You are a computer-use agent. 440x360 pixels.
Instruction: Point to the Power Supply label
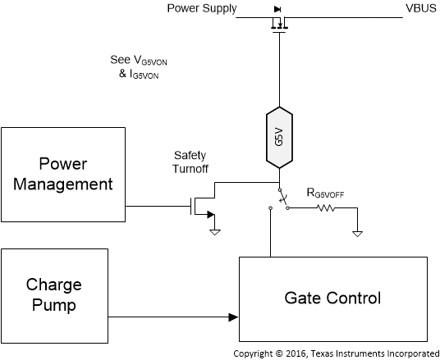pos(201,8)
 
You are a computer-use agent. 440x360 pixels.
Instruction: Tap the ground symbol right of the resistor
pos(357,231)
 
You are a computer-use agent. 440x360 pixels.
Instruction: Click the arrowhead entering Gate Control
pos(234,317)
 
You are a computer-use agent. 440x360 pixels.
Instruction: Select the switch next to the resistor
pos(282,200)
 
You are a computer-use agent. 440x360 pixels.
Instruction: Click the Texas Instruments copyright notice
pos(337,353)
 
